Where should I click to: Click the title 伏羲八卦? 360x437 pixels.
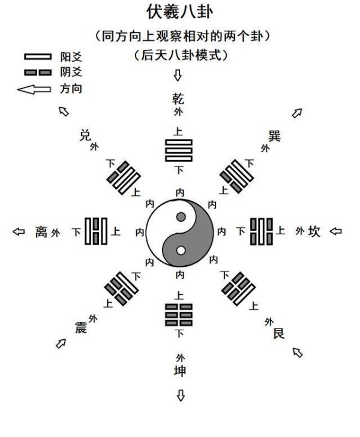point(180,12)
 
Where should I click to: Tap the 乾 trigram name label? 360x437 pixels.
point(178,99)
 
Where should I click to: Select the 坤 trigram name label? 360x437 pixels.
point(180,371)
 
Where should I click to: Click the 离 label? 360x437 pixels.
point(41,231)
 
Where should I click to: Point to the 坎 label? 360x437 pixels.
point(314,231)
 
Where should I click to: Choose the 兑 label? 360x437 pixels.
point(85,135)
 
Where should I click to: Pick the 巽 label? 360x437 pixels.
point(274,136)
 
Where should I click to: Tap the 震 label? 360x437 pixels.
point(81,327)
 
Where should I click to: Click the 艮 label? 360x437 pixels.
point(278,333)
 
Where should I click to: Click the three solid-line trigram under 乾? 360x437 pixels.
point(178,150)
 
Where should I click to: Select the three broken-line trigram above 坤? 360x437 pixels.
point(178,315)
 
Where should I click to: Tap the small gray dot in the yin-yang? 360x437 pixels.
point(181,216)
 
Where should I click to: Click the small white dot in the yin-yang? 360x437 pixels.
point(181,251)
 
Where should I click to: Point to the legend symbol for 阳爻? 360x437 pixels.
point(38,57)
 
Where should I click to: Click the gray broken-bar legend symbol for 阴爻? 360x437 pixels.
point(38,73)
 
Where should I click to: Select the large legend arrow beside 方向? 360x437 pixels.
point(34,89)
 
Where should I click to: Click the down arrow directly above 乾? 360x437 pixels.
point(178,76)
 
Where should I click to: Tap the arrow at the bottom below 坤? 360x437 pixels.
point(181,396)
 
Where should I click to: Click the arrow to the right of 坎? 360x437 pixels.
point(335,231)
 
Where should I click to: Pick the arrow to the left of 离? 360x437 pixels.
point(19,231)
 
